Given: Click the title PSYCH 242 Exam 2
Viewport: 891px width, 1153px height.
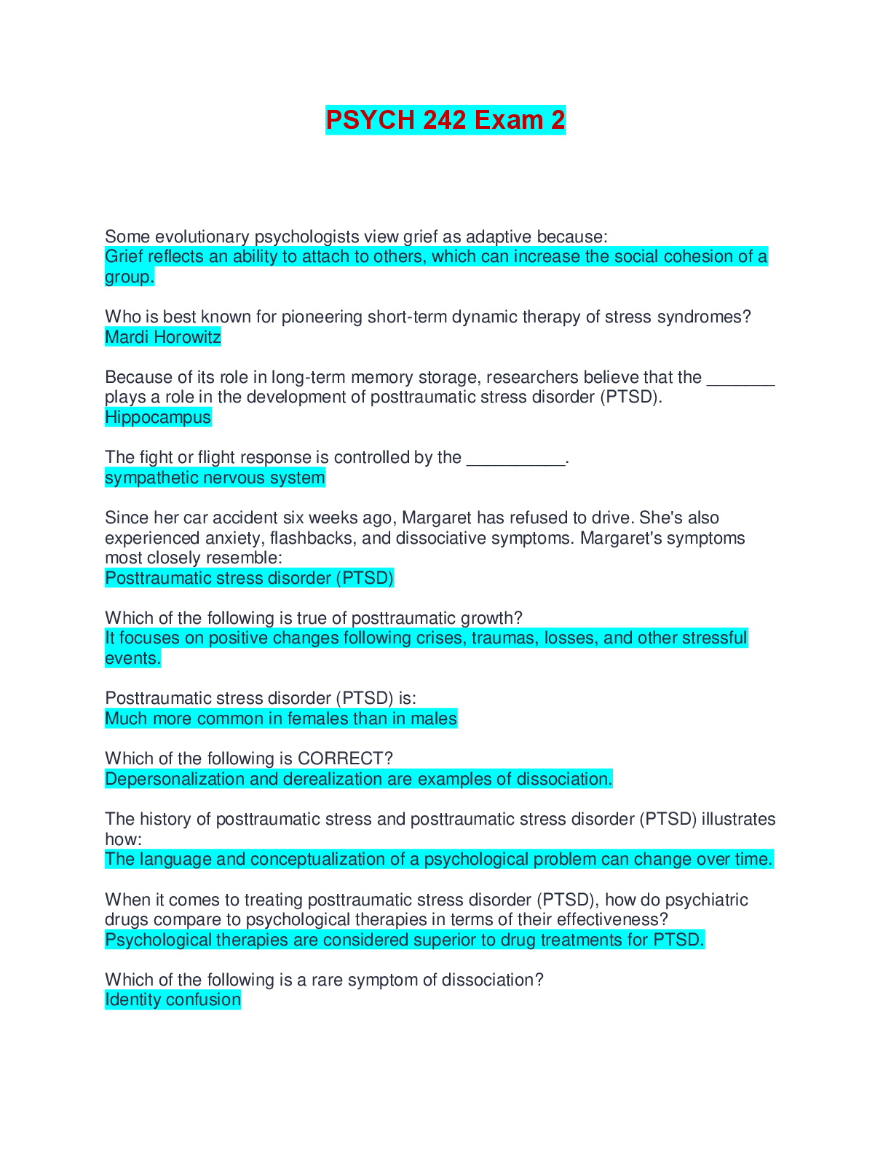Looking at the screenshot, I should coord(445,120).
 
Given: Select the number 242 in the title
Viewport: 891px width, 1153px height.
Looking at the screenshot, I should coord(444,120).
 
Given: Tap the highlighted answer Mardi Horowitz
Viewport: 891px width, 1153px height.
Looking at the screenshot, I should coord(163,337).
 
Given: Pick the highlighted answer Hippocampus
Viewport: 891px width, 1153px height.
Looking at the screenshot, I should coord(158,417).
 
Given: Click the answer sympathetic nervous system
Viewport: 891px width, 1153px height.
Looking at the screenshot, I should coord(215,478).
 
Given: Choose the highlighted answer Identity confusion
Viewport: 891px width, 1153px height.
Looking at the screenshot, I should coord(173,999).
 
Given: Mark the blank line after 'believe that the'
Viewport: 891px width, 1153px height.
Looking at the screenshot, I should coord(740,380).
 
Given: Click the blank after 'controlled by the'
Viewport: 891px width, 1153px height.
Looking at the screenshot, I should coord(515,460).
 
